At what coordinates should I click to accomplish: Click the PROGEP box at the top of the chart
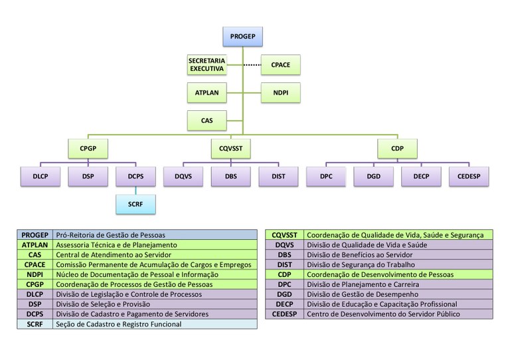coord(243,37)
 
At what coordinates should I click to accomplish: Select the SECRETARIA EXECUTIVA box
coord(207,64)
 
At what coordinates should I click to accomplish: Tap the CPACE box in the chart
coord(280,64)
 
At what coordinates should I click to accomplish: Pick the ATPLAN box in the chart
coord(207,92)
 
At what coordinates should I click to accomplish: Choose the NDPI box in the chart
coord(280,92)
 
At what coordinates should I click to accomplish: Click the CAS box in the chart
coord(207,121)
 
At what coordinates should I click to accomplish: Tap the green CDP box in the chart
coord(397,148)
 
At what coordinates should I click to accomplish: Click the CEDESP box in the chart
coord(469,177)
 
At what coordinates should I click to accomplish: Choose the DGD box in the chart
coord(374,177)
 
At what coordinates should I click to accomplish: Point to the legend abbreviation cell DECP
coord(285,304)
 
